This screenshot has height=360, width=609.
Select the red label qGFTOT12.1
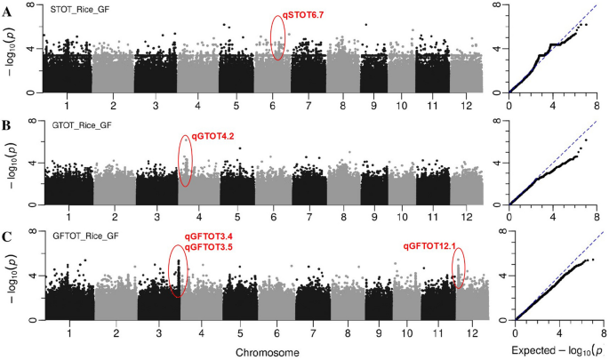click(x=430, y=246)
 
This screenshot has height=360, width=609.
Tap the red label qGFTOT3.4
click(x=208, y=236)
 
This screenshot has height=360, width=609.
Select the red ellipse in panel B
click(x=186, y=161)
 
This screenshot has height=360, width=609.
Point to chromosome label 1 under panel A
click(x=68, y=104)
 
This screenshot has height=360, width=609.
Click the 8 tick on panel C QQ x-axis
click(x=603, y=330)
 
